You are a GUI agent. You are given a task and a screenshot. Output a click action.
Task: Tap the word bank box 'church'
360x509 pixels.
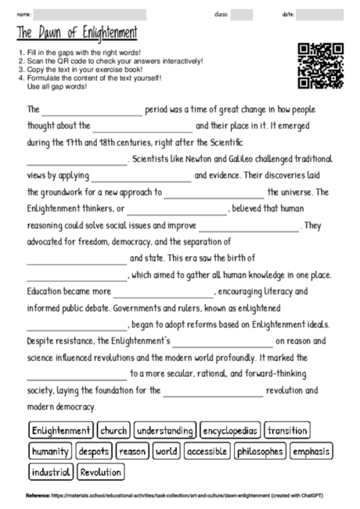(113, 431)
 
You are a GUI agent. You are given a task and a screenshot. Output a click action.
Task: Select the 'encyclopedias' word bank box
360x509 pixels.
(230, 431)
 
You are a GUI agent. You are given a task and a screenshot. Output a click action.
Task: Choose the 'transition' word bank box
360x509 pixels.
(286, 431)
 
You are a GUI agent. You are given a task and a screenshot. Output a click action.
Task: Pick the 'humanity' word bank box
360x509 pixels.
(50, 452)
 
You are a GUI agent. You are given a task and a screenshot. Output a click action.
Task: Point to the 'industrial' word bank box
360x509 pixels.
(52, 472)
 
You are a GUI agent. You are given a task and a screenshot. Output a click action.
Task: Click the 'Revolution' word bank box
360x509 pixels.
(101, 472)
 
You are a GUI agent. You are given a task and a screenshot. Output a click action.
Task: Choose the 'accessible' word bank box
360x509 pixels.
(207, 452)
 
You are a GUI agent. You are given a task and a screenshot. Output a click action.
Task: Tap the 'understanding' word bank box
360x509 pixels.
(164, 431)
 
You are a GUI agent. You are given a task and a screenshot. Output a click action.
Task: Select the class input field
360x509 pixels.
(241, 14)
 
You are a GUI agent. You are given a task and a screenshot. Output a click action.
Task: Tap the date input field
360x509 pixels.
(319, 14)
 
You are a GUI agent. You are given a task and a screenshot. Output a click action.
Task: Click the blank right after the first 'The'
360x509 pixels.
(93, 110)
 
